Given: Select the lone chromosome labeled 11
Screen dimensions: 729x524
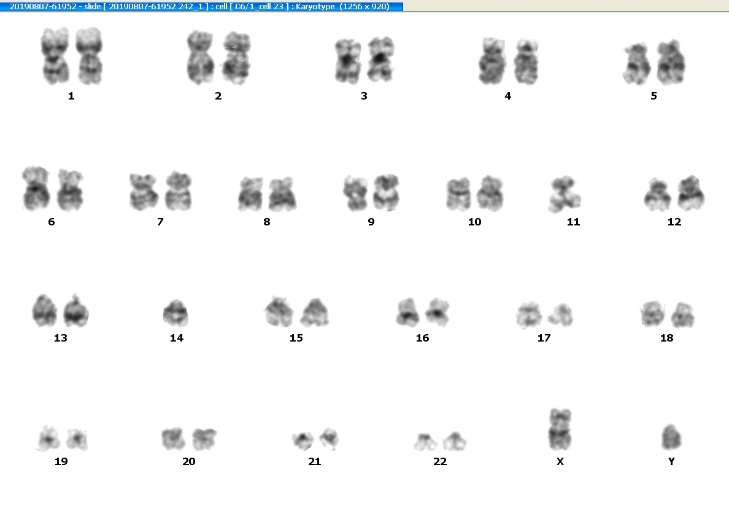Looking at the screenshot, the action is click(565, 194).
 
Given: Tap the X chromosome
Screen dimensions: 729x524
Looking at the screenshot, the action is click(560, 429).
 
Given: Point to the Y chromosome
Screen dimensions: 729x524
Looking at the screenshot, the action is click(671, 437).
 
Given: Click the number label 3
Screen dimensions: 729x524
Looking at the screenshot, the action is click(364, 96).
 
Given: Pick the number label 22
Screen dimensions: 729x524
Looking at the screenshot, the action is click(440, 461).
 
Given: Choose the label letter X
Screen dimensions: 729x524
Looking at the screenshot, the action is click(560, 461).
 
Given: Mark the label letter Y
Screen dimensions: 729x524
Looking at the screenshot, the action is click(671, 461).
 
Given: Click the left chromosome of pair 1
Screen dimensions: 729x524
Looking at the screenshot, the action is click(55, 56).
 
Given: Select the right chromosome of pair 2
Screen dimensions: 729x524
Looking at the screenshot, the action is click(237, 58).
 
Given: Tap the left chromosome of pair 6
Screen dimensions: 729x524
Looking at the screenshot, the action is click(36, 188).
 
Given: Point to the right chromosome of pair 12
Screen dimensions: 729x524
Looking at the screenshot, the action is click(691, 193).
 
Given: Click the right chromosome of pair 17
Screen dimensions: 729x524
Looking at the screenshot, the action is click(561, 315).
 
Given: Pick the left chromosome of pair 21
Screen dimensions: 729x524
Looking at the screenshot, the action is click(303, 440).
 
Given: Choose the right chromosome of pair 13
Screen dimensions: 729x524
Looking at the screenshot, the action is click(75, 310).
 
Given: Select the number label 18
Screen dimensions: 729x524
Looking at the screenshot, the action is click(666, 338).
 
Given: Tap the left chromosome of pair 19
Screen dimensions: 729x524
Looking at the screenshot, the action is click(48, 439).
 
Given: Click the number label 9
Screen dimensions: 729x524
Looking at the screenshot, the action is click(371, 222).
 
